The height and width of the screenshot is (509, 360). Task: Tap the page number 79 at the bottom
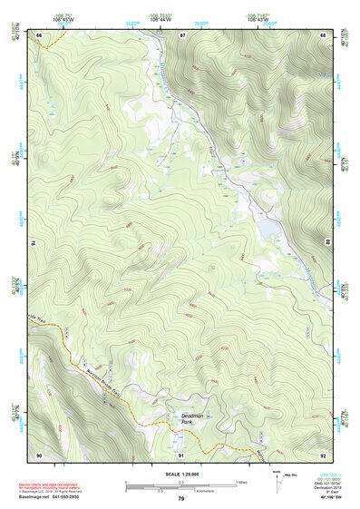[181, 498]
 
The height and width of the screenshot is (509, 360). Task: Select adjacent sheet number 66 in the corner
[40, 34]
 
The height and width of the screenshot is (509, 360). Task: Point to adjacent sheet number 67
[182, 34]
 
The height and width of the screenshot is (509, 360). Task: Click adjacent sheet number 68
[322, 34]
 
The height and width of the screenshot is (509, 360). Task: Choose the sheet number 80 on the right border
[328, 241]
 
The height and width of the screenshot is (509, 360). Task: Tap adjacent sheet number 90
[39, 454]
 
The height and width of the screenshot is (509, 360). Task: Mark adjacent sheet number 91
[181, 454]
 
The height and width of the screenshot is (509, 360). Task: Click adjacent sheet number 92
[322, 454]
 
